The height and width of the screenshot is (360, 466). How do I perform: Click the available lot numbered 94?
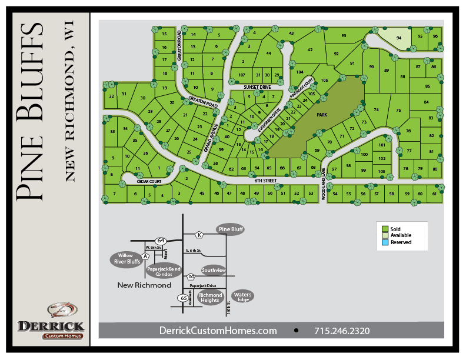[398, 38]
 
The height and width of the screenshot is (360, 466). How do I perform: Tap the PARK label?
[321, 115]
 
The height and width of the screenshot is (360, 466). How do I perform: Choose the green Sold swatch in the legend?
[385, 229]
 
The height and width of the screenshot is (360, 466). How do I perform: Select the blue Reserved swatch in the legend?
[385, 242]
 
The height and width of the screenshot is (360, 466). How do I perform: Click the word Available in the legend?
[401, 235]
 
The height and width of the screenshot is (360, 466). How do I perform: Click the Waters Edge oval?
[242, 296]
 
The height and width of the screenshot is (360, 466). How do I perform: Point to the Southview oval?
[213, 271]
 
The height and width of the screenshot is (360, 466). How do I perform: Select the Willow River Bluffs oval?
[125, 259]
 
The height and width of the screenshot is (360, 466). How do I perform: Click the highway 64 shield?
[161, 240]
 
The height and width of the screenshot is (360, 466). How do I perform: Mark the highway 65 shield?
[183, 299]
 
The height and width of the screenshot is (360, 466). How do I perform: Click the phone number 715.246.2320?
[342, 331]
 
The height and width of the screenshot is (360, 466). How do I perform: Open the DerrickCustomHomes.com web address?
[218, 331]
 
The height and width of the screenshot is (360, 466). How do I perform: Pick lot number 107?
[241, 75]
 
